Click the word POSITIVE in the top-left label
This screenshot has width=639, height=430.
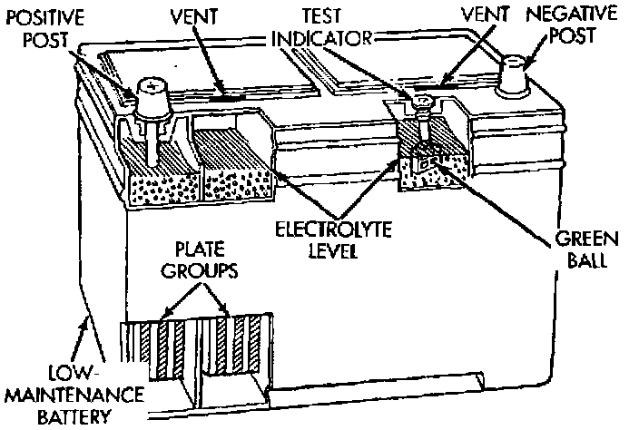44,17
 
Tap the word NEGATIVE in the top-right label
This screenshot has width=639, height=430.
571,14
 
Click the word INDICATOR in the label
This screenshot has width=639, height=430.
321,38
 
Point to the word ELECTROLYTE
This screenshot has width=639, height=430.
333,230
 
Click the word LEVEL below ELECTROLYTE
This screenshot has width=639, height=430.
332,250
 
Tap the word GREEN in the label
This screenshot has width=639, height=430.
587,239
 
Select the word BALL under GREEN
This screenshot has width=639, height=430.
587,259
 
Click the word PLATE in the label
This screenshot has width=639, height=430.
200,249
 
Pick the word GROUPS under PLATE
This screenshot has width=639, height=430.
200,270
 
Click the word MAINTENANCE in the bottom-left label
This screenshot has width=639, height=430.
76,395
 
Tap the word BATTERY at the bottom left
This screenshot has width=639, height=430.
74,416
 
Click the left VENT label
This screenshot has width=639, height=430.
194,16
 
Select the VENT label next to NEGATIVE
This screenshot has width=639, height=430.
485,15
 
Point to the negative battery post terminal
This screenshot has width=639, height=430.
513,76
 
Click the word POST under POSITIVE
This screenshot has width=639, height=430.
44,40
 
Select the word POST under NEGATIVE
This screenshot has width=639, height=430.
573,35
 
